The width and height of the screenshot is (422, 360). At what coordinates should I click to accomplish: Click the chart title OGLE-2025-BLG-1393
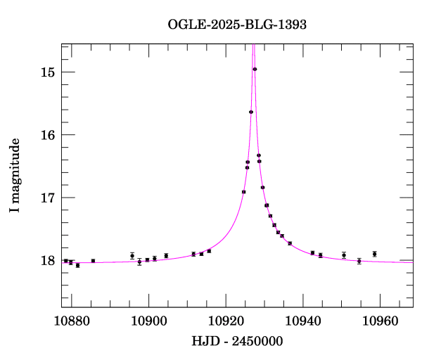[237, 24]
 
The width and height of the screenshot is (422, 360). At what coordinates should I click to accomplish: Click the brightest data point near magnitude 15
[255, 69]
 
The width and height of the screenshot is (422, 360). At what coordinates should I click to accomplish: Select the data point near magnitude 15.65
[251, 112]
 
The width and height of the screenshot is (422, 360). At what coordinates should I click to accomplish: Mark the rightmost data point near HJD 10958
[375, 254]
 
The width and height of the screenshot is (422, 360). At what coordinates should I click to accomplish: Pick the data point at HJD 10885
[93, 261]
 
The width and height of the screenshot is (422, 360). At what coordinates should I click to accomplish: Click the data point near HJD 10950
[344, 255]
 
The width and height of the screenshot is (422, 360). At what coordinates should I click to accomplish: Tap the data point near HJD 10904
[166, 255]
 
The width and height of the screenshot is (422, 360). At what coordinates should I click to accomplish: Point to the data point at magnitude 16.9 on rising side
[243, 192]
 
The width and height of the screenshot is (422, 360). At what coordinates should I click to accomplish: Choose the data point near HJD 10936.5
[290, 243]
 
